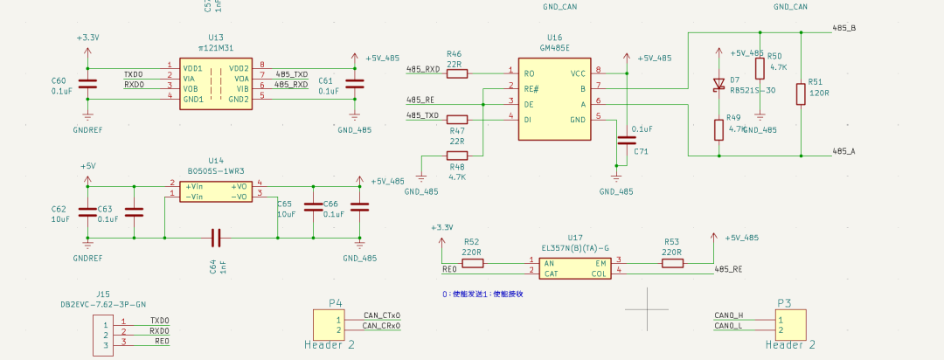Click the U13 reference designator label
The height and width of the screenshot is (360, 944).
(x=216, y=38)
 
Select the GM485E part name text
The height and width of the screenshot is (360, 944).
(x=554, y=48)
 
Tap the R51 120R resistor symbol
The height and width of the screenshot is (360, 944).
(x=800, y=93)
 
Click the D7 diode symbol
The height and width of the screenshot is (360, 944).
(x=718, y=85)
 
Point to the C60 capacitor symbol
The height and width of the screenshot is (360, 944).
(x=87, y=84)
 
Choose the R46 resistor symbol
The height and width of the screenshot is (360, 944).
(x=456, y=73)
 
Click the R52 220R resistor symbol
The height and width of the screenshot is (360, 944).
(x=472, y=262)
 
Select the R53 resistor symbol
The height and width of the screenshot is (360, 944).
(x=671, y=262)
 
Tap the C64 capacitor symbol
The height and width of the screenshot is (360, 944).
(x=217, y=236)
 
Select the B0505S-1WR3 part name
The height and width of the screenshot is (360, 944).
(x=216, y=171)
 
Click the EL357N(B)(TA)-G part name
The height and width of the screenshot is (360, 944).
(x=574, y=248)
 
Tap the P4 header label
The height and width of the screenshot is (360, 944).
(x=335, y=303)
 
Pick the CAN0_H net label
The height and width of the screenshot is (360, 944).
(x=728, y=315)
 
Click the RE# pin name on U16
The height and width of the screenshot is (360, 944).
(x=531, y=87)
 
